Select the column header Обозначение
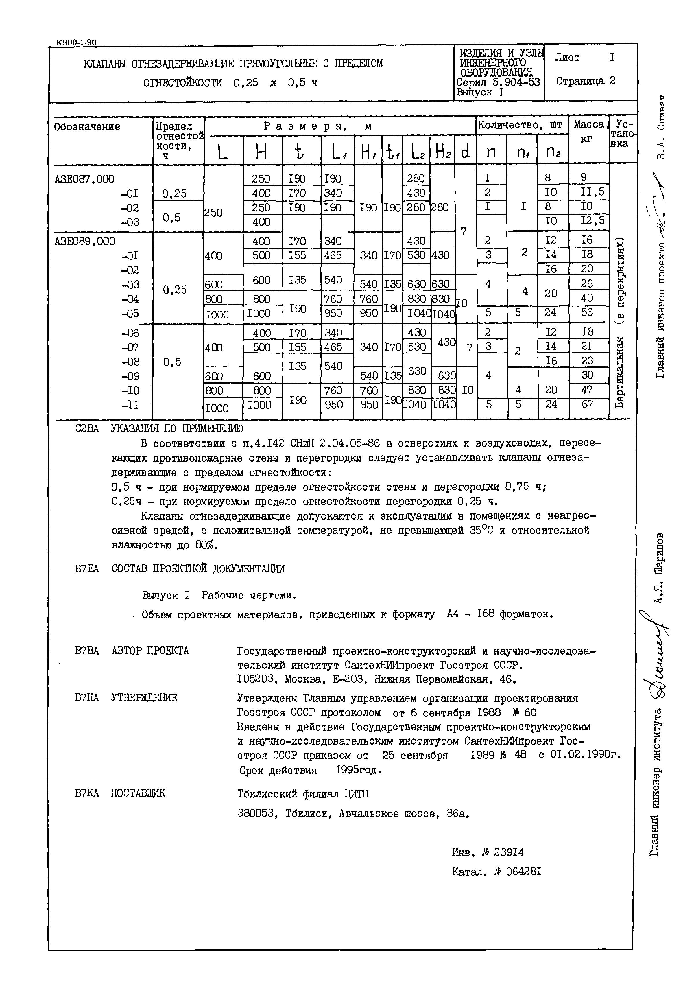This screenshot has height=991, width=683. [x=87, y=127]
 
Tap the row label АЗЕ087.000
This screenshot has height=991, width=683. [x=84, y=179]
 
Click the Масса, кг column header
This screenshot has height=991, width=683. [x=588, y=131]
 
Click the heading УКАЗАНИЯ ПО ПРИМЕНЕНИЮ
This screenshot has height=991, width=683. [x=177, y=428]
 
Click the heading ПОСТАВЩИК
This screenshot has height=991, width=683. [x=138, y=793]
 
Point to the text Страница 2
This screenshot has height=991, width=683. [x=586, y=80]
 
